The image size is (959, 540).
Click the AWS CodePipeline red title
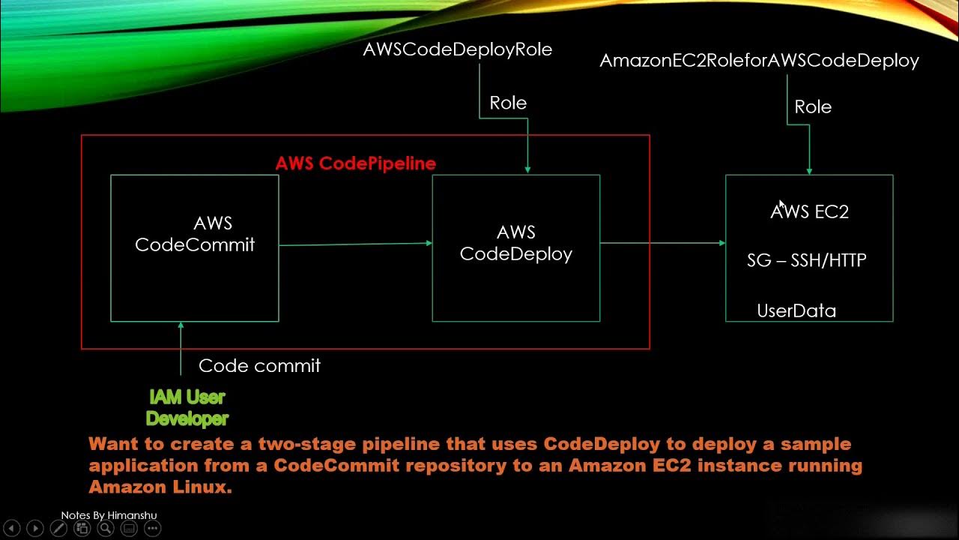(x=355, y=163)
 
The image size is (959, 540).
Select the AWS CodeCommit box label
(x=195, y=234)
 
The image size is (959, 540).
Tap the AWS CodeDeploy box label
(x=515, y=243)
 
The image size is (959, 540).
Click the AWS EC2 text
(x=809, y=212)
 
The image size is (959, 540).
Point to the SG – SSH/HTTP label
(x=806, y=260)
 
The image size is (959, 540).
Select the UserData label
(x=796, y=310)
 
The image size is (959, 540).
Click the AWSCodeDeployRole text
(x=457, y=49)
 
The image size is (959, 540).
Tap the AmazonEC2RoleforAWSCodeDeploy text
(x=759, y=61)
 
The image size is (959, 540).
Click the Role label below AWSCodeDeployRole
(x=508, y=103)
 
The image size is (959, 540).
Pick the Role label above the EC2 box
(x=813, y=107)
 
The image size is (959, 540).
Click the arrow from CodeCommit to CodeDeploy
(x=355, y=244)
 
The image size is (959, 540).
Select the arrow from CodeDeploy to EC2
(x=662, y=243)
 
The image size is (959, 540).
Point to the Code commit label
(x=259, y=366)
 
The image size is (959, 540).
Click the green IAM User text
(x=187, y=397)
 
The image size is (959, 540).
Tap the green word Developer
(x=187, y=418)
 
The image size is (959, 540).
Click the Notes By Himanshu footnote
(x=109, y=515)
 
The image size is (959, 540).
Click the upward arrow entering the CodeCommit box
(x=181, y=348)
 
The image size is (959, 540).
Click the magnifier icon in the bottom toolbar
(x=106, y=529)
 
